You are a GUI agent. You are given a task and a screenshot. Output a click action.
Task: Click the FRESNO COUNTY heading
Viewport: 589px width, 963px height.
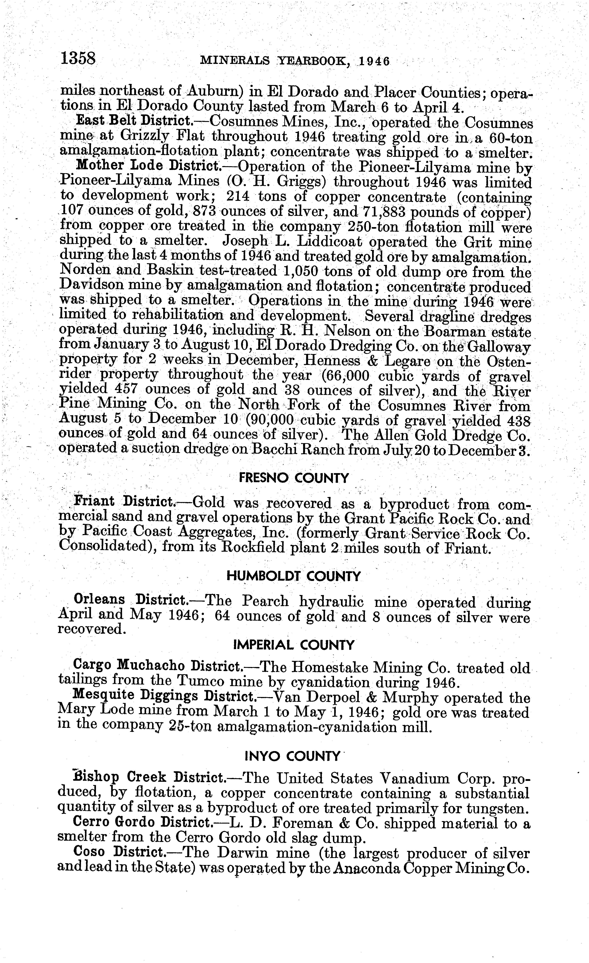[x=293, y=478]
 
